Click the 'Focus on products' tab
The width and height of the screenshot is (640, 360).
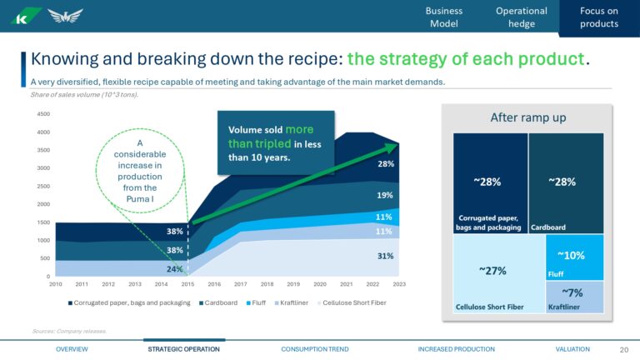coord(599,17)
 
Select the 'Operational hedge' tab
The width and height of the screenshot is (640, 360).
coord(521,17)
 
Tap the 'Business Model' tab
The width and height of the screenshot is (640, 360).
coord(443,17)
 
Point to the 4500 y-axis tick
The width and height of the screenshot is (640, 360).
coord(43,114)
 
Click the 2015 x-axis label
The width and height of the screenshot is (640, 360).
coord(187,284)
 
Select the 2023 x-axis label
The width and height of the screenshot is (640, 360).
coord(399,284)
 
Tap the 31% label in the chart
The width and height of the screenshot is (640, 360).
coord(384,256)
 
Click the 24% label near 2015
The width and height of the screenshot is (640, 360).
coord(174,269)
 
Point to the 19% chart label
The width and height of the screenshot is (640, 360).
coord(384,195)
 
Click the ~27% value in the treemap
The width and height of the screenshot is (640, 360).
coord(492,270)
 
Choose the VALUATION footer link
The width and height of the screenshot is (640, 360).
coord(572,349)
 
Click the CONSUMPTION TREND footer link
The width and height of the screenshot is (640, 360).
coord(315,349)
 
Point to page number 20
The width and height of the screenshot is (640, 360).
coord(624,349)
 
